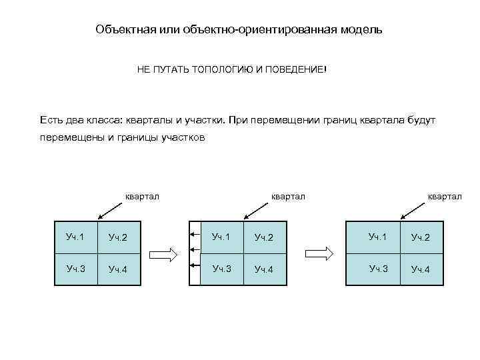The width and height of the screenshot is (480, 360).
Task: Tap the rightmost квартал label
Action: (x=444, y=195)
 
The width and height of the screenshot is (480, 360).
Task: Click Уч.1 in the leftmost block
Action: (x=75, y=236)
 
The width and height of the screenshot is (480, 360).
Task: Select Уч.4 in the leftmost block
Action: (x=118, y=269)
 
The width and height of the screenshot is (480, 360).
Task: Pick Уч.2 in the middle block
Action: (x=265, y=237)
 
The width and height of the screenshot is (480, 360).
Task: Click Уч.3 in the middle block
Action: (x=222, y=269)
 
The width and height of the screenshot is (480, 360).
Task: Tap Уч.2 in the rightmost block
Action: (x=421, y=237)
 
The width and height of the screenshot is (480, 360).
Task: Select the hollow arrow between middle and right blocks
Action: (x=319, y=254)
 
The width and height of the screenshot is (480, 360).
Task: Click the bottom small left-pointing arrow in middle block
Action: (x=195, y=265)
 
